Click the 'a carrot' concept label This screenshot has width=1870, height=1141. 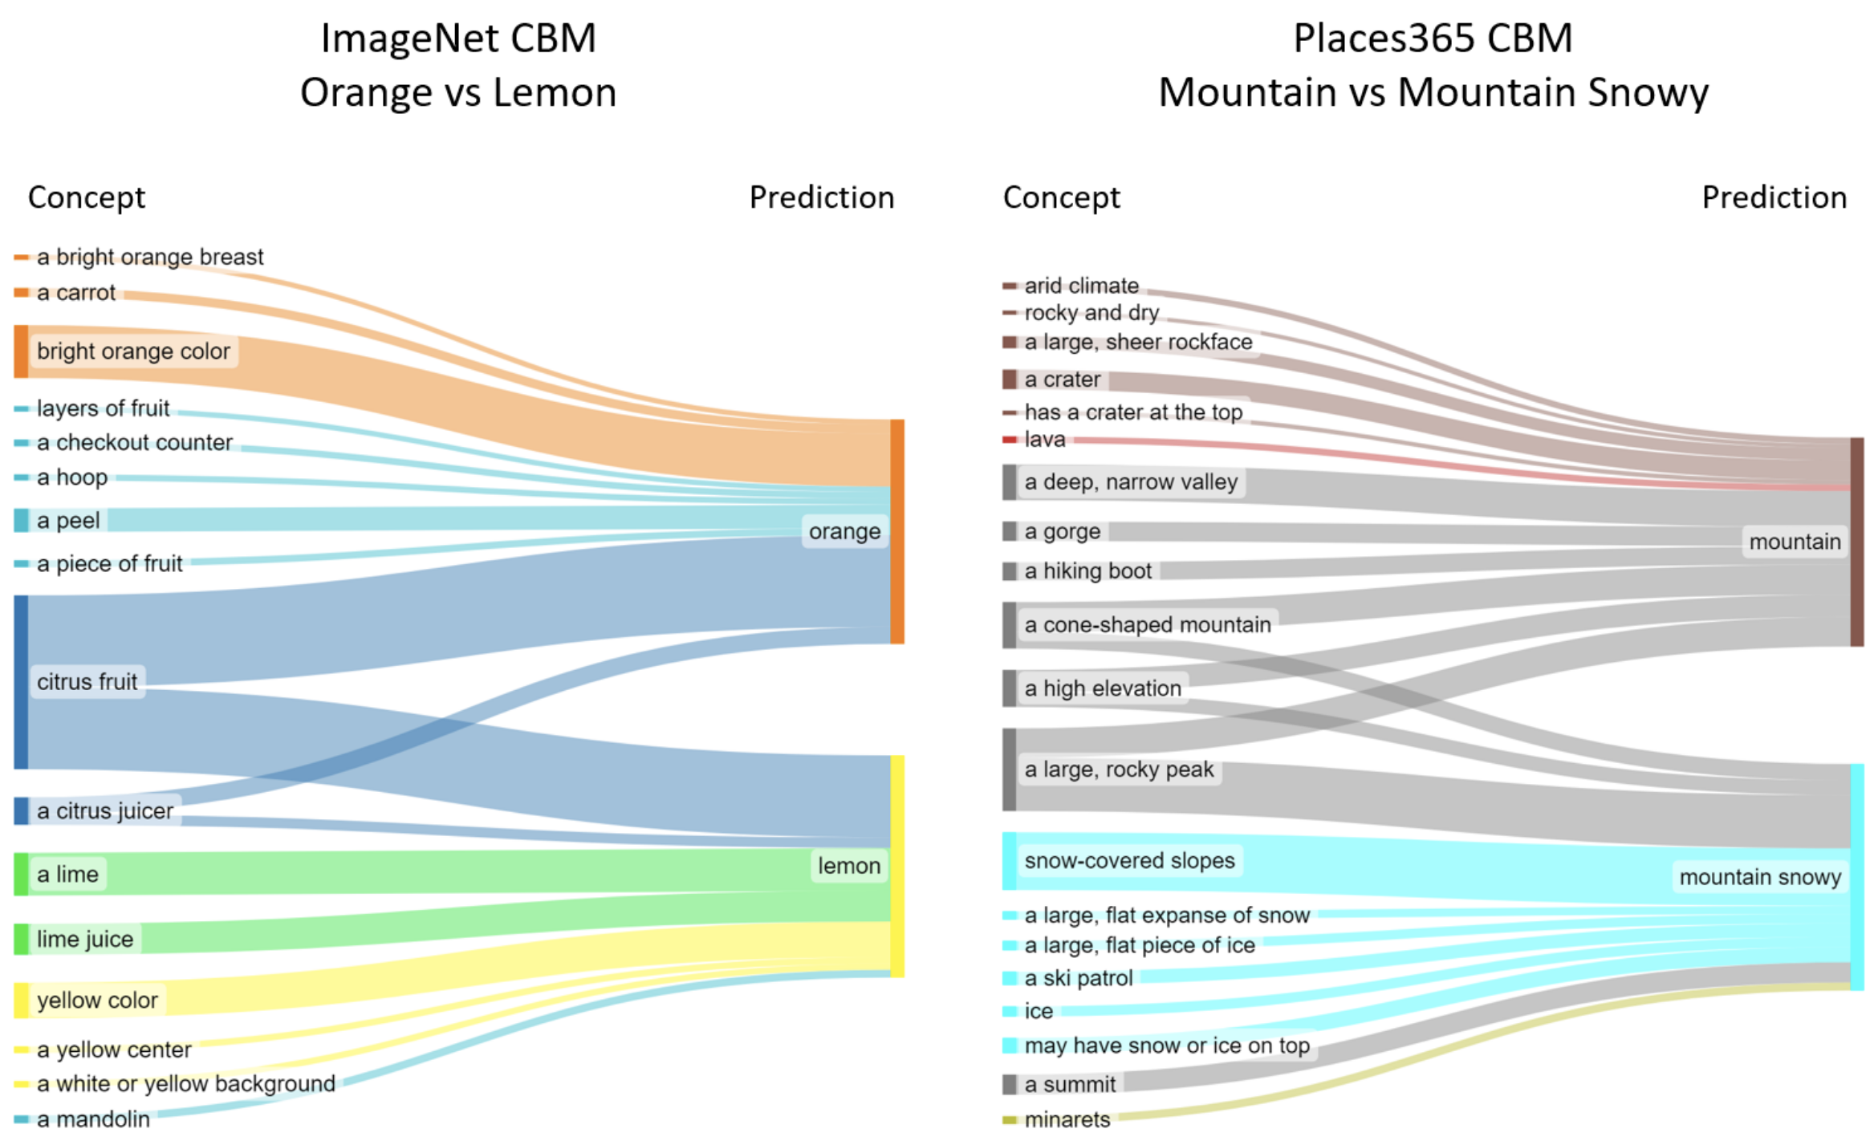coord(76,293)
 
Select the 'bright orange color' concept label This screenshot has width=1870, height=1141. coord(133,351)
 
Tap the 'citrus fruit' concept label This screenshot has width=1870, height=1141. coord(87,682)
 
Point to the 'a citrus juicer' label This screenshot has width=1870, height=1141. coord(105,811)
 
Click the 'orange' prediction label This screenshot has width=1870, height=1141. coord(844,531)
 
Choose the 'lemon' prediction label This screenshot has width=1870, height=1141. coord(849,866)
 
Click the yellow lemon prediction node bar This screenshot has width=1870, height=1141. coord(897,866)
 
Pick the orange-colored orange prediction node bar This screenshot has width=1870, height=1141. coord(897,531)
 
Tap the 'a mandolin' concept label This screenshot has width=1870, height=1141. coord(93,1119)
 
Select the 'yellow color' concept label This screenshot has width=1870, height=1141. coord(97,1001)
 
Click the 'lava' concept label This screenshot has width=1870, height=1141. coord(1045,440)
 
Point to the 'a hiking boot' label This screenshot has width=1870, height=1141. coord(1088,571)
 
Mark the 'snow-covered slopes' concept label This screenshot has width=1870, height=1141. coord(1129,861)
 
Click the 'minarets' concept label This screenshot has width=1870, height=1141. coord(1067,1119)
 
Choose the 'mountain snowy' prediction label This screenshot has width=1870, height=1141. coord(1760,877)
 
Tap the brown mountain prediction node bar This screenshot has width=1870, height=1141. coord(1857,542)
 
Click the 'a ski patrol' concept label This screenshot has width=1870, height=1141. coord(1079,978)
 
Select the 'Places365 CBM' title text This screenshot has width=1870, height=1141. coord(1433,39)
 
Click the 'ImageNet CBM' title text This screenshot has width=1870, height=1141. coord(458,39)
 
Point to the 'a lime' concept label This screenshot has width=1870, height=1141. coord(67,875)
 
